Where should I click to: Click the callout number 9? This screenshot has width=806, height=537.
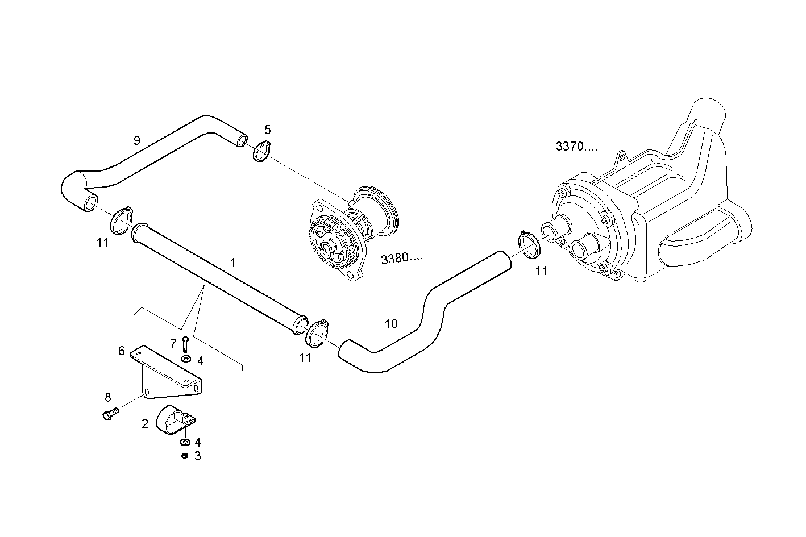pyautogui.click(x=136, y=140)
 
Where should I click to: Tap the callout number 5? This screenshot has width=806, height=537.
pyautogui.click(x=267, y=130)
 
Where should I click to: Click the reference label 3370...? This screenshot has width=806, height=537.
pyautogui.click(x=576, y=147)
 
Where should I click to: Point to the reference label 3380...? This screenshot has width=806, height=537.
pyautogui.click(x=402, y=259)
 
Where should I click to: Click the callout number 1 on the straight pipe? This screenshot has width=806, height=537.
pyautogui.click(x=232, y=263)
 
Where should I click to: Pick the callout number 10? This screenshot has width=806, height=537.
pyautogui.click(x=391, y=324)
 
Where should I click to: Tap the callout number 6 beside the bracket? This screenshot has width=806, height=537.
pyautogui.click(x=122, y=351)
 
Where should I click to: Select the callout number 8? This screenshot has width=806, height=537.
pyautogui.click(x=108, y=397)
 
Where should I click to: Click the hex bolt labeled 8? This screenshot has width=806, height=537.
pyautogui.click(x=109, y=415)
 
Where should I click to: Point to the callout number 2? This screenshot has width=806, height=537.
pyautogui.click(x=145, y=423)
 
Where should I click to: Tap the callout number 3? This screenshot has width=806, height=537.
pyautogui.click(x=197, y=456)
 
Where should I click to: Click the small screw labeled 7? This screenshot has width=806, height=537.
pyautogui.click(x=185, y=344)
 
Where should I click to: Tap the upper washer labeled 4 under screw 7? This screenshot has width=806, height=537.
pyautogui.click(x=186, y=359)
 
